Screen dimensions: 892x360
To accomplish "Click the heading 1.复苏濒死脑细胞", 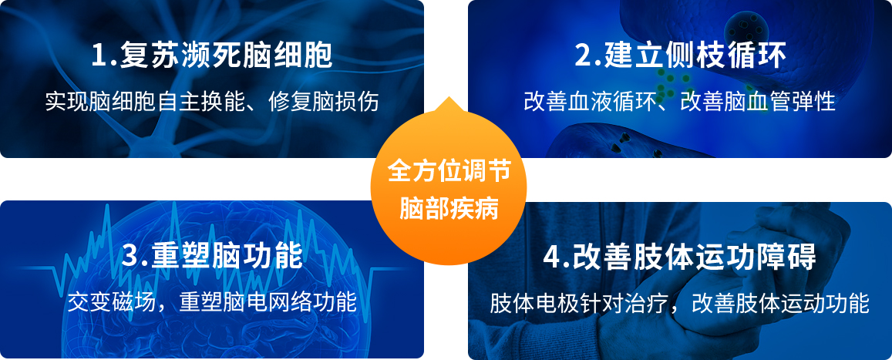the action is coord(212,56).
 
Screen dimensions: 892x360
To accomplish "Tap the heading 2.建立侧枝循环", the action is coord(680,56).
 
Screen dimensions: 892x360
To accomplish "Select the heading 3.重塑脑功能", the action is coord(212,257).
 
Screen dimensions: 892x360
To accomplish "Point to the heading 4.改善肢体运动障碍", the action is coord(680,257).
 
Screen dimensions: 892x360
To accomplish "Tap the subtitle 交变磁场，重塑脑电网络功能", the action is coord(212,302).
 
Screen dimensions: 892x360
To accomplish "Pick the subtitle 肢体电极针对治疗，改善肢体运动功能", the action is coord(680,303).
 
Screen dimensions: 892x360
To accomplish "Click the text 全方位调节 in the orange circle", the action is coord(449,171).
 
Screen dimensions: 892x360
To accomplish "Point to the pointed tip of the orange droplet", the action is coord(449,96).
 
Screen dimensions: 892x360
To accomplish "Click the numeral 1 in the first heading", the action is coord(100,57).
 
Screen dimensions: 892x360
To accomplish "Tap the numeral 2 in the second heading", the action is coord(584,57).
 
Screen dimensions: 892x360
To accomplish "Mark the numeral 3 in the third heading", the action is coord(131,257).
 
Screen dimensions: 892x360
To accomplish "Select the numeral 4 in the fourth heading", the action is coord(553,257).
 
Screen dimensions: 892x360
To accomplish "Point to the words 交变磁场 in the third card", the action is coord(111,302).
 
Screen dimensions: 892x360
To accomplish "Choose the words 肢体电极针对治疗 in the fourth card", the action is coord(578,303).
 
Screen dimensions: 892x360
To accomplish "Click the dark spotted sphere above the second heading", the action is coord(746,25).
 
